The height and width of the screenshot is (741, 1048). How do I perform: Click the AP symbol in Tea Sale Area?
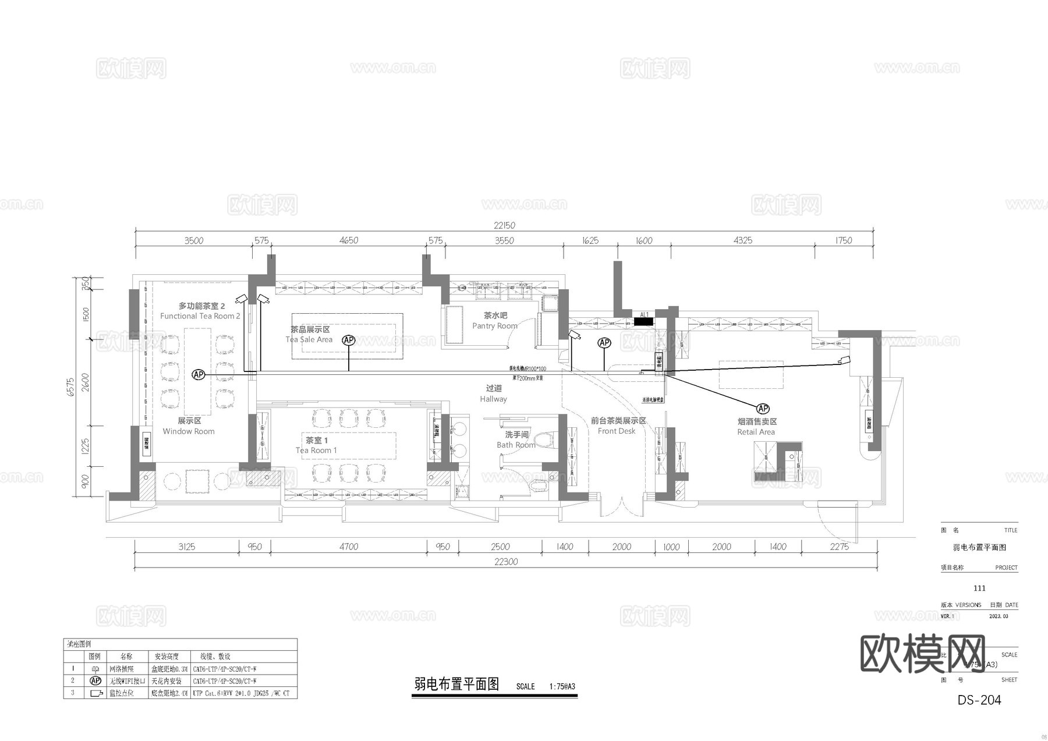(x=348, y=340)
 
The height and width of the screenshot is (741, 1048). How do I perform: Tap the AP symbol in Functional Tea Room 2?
(x=199, y=374)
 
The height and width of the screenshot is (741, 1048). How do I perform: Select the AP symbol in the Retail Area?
(x=762, y=409)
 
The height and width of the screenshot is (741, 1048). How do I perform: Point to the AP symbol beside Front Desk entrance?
(x=604, y=343)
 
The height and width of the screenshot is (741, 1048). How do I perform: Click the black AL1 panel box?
(x=643, y=321)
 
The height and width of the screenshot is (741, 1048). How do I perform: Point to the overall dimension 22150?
(x=504, y=225)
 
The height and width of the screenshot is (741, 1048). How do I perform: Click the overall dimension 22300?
(x=505, y=562)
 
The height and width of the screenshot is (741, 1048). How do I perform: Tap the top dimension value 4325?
(x=742, y=240)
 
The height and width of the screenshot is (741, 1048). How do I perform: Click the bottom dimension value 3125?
(x=186, y=547)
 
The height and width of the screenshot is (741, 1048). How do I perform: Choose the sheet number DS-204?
(x=979, y=700)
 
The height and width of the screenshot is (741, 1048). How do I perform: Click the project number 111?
(x=979, y=588)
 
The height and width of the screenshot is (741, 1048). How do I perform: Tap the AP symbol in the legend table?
(x=95, y=680)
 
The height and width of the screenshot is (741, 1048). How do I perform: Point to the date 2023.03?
(x=999, y=616)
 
